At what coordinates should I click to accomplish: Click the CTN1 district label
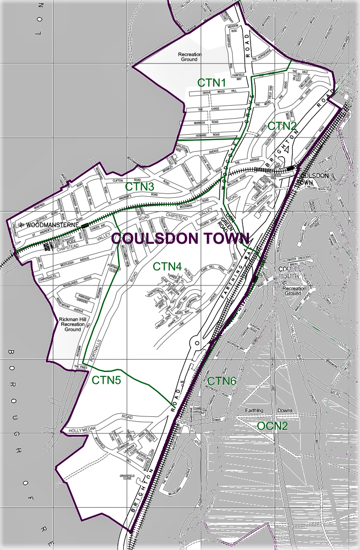coord(212,83)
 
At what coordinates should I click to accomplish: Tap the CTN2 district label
coord(282,126)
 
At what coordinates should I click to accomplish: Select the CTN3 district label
coord(140,187)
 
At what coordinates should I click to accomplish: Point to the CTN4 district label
coord(167,266)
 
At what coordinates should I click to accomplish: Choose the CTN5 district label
coord(106,380)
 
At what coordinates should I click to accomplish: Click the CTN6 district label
coord(222,381)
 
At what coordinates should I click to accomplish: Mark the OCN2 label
coord(272,425)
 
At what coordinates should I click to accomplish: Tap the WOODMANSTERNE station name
coord(51,225)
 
